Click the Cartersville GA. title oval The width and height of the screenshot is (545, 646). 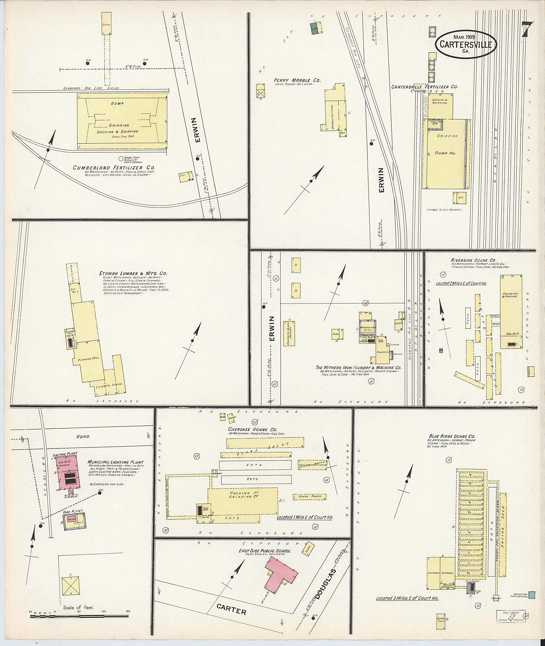[x=466, y=44]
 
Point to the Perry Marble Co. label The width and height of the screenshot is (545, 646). [x=297, y=80]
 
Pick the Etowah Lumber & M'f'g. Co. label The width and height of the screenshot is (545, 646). [x=133, y=273]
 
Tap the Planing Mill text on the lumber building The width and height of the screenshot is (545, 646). [x=88, y=359]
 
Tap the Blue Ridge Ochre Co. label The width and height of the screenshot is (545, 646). [x=452, y=436]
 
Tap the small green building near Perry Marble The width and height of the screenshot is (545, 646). [x=315, y=29]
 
